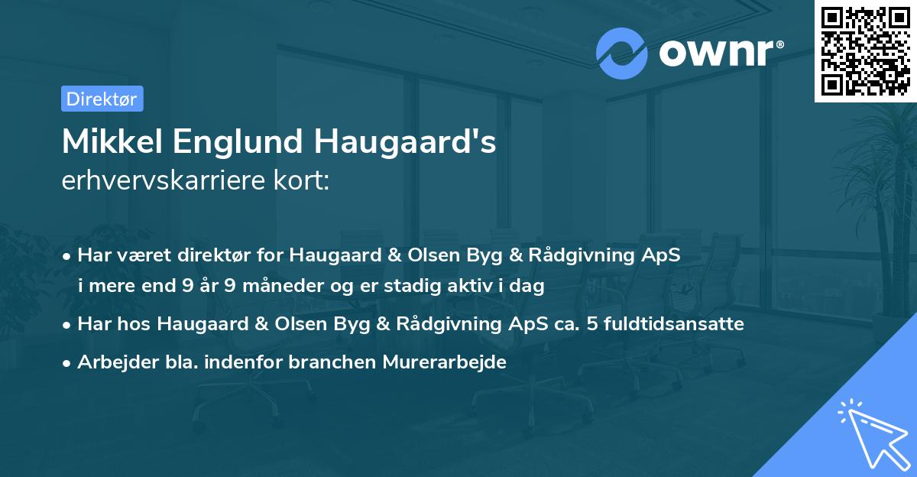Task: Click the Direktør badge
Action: click(x=102, y=99)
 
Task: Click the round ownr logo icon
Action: click(x=622, y=54)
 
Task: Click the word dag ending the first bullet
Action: click(x=527, y=287)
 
